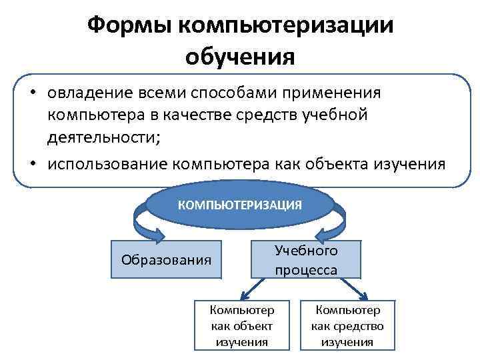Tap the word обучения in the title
(240, 57)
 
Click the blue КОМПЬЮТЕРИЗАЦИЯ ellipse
(239, 205)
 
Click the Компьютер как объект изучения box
(241, 325)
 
